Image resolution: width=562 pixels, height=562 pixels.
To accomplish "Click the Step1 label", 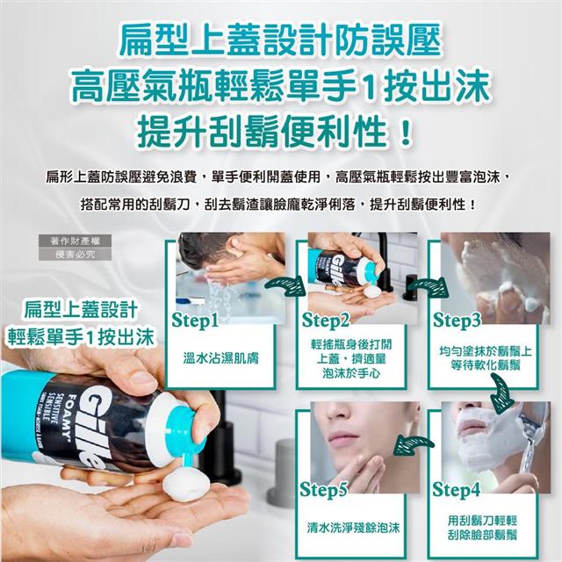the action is [195, 321].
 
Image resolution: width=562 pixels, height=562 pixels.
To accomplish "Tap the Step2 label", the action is [326, 320].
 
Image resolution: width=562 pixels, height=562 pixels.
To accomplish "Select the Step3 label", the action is [457, 320].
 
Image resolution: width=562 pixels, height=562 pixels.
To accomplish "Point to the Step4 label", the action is [456, 489].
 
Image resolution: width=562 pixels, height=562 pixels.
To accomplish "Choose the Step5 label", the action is [324, 490].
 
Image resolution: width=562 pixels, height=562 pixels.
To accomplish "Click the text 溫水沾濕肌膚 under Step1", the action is [220, 358].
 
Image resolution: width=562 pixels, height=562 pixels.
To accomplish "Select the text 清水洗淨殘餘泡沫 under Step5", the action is [353, 527].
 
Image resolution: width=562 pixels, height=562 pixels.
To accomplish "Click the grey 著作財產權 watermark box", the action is [75, 241].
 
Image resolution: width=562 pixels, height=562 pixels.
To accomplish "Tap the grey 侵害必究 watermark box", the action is [75, 254].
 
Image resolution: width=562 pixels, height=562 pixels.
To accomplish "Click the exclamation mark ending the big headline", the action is [406, 133].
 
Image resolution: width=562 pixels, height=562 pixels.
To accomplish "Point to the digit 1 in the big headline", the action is [369, 87].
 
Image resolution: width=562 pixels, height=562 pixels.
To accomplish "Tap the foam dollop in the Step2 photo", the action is [372, 291].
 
